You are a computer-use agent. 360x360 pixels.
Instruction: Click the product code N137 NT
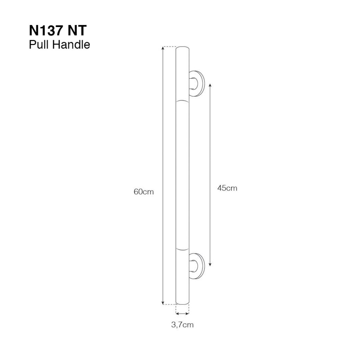coord(57,31)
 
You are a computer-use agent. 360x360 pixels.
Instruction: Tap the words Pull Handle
coord(59,45)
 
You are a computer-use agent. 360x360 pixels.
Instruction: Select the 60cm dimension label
coord(143,192)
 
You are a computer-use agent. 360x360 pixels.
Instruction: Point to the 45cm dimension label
coord(227,188)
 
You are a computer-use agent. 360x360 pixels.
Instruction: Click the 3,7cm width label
coord(182,325)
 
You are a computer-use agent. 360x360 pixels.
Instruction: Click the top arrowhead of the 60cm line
coord(163,49)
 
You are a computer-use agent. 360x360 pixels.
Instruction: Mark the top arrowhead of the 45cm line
coord(210,85)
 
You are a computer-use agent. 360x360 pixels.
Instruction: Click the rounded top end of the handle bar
coord(182,48)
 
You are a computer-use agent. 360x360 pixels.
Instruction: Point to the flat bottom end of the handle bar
coord(182,304)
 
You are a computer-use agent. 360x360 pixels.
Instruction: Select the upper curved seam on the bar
coord(182,102)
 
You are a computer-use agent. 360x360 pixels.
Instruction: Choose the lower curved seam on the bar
coord(182,249)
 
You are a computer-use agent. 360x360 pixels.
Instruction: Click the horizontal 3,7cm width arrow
coord(182,313)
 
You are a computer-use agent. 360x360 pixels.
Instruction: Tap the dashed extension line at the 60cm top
coord(169,47)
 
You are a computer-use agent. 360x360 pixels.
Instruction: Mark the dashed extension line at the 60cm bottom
coord(169,304)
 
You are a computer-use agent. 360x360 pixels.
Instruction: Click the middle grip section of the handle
coord(182,176)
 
